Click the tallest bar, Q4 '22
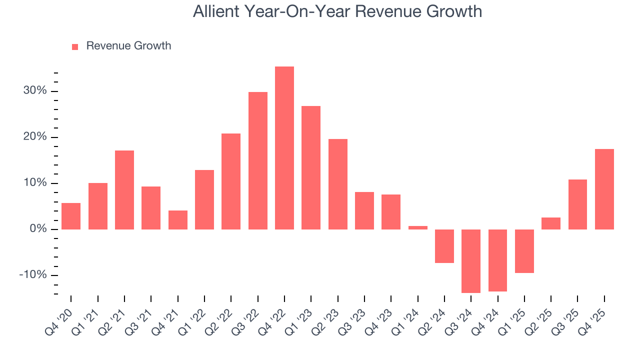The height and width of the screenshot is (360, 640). pyautogui.click(x=284, y=148)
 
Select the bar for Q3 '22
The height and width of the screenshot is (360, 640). pyautogui.click(x=258, y=160)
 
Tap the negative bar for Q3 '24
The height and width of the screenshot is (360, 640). pyautogui.click(x=471, y=261)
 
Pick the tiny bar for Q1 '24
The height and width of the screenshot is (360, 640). pyautogui.click(x=418, y=227)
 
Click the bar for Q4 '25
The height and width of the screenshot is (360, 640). pyautogui.click(x=604, y=189)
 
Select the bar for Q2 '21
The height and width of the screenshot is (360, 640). pyautogui.click(x=124, y=190)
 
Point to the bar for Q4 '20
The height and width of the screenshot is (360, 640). pyautogui.click(x=71, y=216)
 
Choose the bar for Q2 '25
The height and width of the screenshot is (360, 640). pyautogui.click(x=551, y=223)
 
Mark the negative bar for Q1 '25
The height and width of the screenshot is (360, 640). pyautogui.click(x=524, y=251)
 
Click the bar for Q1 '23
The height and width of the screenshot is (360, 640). pyautogui.click(x=311, y=167)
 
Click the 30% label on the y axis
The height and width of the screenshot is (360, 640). pyautogui.click(x=34, y=91)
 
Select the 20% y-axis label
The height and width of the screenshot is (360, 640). pyautogui.click(x=34, y=137)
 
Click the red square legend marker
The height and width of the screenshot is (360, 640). pyautogui.click(x=75, y=46)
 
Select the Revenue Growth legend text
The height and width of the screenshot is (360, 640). pyautogui.click(x=128, y=46)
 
